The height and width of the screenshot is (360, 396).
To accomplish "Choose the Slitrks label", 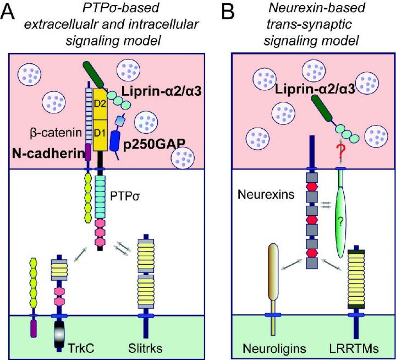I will pos(148,348).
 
